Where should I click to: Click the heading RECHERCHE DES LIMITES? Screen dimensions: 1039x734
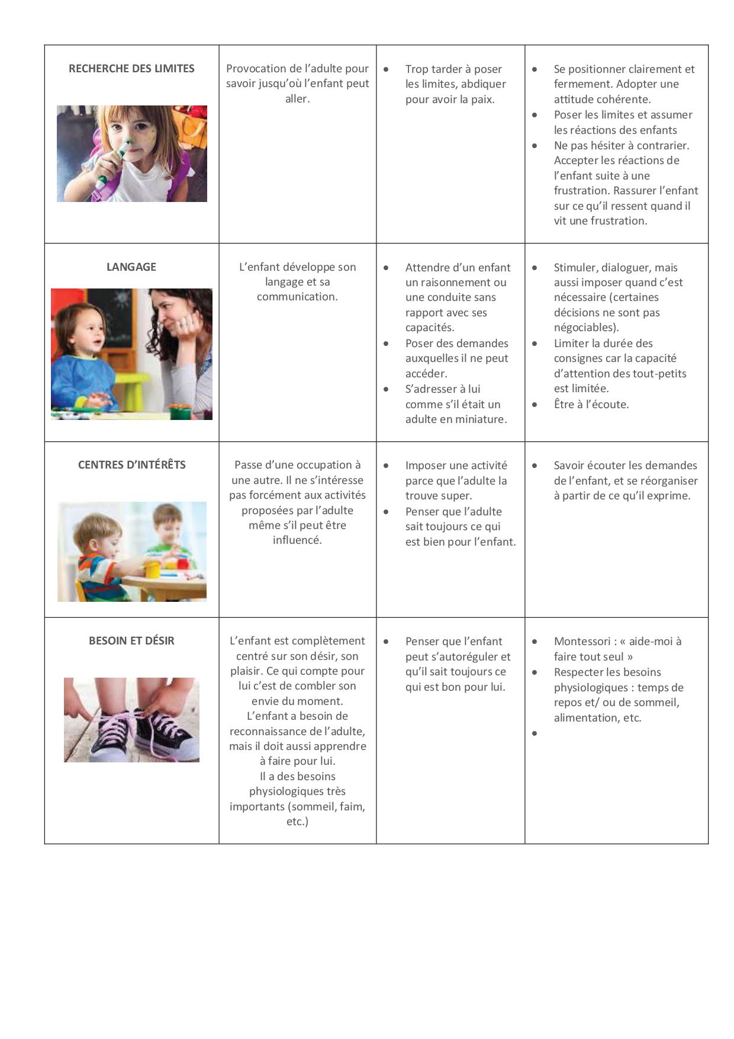[x=131, y=69]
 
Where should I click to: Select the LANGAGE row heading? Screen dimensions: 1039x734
[x=131, y=267]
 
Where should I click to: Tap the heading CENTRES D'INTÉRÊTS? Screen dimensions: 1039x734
[x=131, y=465]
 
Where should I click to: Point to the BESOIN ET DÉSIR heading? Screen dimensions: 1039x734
[x=131, y=641]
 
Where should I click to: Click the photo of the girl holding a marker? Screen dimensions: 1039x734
[x=131, y=153]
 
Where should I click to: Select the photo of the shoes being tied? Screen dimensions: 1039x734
[x=131, y=720]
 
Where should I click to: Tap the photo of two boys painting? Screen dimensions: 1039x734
[x=131, y=551]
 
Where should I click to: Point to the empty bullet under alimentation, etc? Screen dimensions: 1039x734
[x=535, y=733]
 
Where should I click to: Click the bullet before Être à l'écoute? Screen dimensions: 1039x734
[x=535, y=405]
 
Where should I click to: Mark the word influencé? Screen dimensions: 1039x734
[x=297, y=540]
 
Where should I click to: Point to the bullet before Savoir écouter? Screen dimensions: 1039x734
[x=535, y=466]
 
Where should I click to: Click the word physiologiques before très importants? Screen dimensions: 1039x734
[x=297, y=791]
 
